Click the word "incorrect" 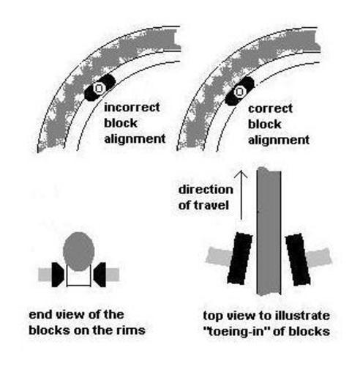coord(132,108)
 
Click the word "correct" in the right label coord(270,108)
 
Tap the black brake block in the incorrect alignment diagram coord(100,87)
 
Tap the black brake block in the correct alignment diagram coord(239,92)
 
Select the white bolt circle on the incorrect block coord(99,88)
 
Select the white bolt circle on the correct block coord(239,92)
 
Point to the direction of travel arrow coord(241,195)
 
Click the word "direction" coord(206,190)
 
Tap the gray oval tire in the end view coord(78,251)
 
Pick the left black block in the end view coord(58,275)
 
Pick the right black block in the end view coord(100,275)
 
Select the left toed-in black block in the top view coord(240,259)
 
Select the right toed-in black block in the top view coord(298,259)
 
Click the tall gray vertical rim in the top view coord(269,231)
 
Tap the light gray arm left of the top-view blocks coord(219,256)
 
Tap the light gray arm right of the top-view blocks coord(319,257)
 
